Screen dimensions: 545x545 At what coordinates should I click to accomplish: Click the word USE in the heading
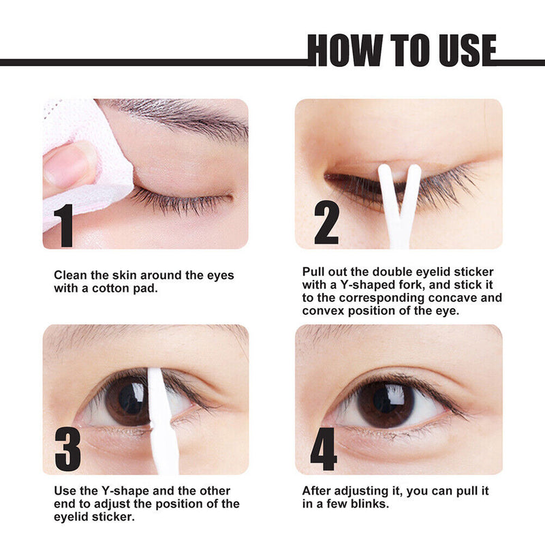click(460, 50)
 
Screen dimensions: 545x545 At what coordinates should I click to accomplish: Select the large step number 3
click(67, 449)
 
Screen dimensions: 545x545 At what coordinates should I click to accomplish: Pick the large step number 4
click(323, 449)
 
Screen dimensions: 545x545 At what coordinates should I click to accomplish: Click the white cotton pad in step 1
click(102, 163)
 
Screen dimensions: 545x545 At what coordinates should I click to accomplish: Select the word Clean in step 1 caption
click(70, 276)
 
